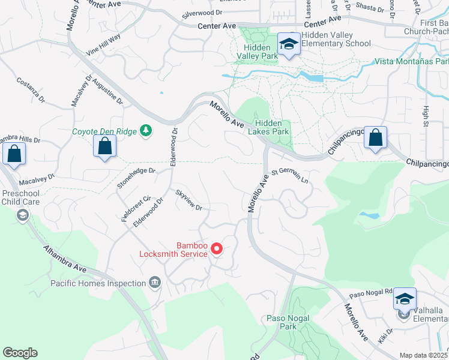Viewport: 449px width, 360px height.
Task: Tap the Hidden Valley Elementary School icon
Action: click(289, 44)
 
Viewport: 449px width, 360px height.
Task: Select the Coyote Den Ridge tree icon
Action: click(145, 130)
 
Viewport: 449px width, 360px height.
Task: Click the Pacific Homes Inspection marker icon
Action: click(155, 283)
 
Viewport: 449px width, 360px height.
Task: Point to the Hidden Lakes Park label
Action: click(268, 127)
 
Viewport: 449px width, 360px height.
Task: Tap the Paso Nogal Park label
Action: click(289, 322)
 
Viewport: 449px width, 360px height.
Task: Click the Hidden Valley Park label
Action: click(261, 52)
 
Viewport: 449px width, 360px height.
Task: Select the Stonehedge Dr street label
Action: click(136, 179)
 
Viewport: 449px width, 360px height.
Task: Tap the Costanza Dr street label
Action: click(31, 89)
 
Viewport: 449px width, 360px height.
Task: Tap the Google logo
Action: click(20, 353)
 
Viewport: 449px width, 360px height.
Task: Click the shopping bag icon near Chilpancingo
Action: click(376, 137)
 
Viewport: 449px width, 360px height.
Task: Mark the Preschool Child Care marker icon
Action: click(23, 215)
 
